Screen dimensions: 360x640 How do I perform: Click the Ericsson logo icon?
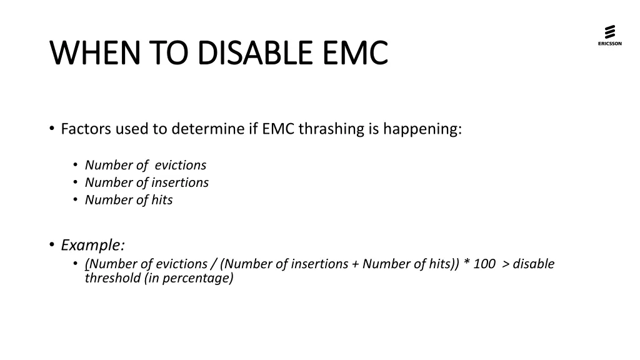click(x=609, y=31)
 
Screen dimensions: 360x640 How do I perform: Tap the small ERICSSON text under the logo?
click(x=609, y=44)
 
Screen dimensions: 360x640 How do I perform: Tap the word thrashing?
click(x=325, y=129)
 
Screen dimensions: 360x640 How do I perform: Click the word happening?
click(x=422, y=129)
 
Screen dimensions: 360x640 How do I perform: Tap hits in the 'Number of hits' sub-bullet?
click(x=162, y=201)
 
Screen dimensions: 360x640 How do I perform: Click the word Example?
click(x=92, y=244)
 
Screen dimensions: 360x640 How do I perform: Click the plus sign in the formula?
click(x=355, y=264)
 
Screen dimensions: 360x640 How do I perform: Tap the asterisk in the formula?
click(x=467, y=263)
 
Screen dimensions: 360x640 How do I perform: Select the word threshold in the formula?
click(x=113, y=279)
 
